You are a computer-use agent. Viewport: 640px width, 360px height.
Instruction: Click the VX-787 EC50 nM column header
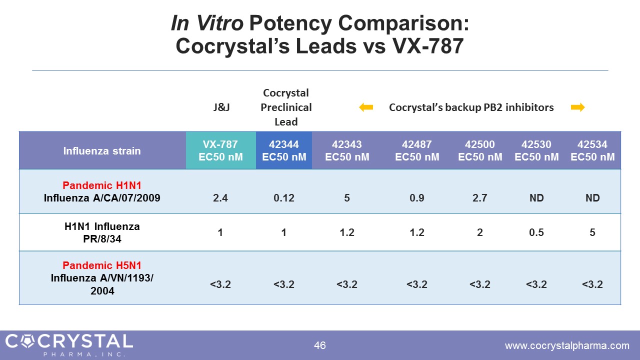[220, 150]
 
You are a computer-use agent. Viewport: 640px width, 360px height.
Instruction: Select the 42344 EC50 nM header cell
[283, 150]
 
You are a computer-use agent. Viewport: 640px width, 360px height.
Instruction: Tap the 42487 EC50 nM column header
[417, 150]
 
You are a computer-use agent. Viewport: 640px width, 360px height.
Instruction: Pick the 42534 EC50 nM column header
[592, 150]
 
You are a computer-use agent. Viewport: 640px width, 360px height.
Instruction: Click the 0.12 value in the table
[283, 198]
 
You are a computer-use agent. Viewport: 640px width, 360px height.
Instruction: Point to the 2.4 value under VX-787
[220, 198]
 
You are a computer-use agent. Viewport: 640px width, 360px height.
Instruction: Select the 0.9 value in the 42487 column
[417, 198]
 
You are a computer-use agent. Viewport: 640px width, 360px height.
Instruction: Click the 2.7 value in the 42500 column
[480, 198]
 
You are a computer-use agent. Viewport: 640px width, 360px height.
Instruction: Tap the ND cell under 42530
[536, 198]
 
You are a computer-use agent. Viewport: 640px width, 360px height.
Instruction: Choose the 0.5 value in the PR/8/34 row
[536, 232]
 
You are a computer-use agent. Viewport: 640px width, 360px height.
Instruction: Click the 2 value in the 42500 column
[480, 232]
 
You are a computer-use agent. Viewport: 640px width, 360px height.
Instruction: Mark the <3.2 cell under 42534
[592, 284]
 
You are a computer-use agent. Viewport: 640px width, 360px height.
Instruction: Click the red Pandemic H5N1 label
[102, 265]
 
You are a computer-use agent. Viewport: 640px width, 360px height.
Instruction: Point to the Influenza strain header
[102, 150]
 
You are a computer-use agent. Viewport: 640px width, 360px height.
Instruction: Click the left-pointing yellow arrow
[366, 107]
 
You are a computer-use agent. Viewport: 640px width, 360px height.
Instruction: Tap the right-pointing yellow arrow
[577, 107]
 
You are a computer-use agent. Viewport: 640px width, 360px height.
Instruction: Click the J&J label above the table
[221, 107]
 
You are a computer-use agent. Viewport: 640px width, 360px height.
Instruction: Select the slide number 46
[320, 345]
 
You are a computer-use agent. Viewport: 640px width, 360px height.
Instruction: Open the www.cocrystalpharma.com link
[567, 345]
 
